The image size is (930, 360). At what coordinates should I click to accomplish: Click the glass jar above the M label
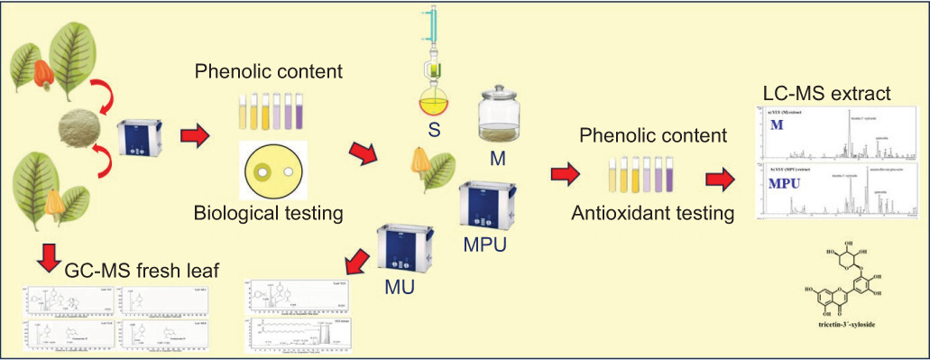502,117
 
